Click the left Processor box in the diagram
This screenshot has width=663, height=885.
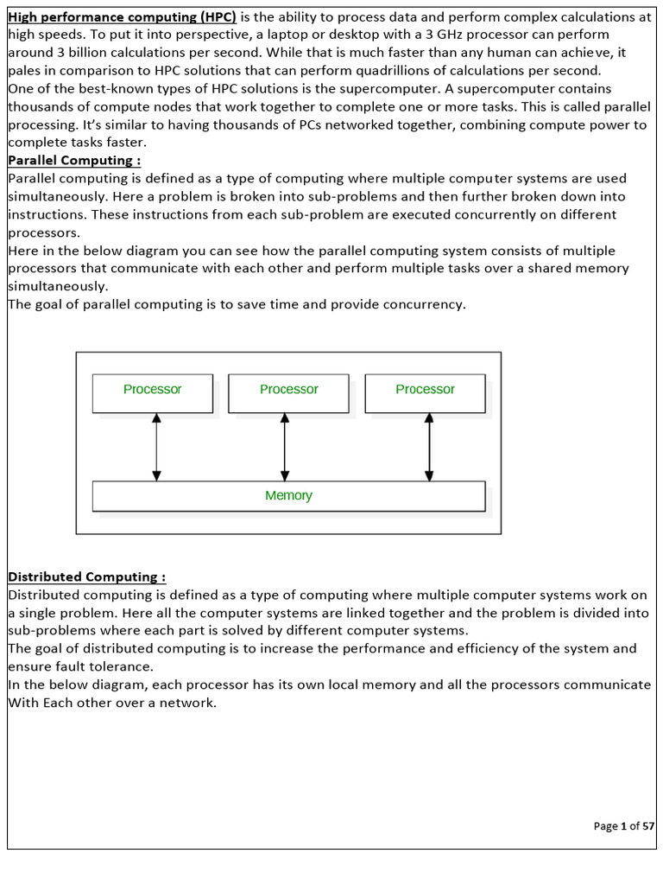click(x=152, y=392)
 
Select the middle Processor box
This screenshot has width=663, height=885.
click(x=288, y=392)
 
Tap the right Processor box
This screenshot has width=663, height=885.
click(x=425, y=392)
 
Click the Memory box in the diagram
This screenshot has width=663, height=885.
click(x=288, y=495)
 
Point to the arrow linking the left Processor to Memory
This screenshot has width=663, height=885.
click(x=156, y=446)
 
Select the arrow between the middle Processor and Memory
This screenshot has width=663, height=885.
click(x=284, y=446)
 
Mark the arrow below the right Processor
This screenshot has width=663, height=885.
click(x=429, y=446)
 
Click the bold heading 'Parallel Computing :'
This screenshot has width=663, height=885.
click(x=74, y=161)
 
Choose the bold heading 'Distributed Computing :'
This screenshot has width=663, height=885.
click(x=87, y=576)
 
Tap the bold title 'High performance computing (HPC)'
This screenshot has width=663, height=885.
click(x=122, y=16)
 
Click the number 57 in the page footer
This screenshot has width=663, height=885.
click(x=648, y=826)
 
